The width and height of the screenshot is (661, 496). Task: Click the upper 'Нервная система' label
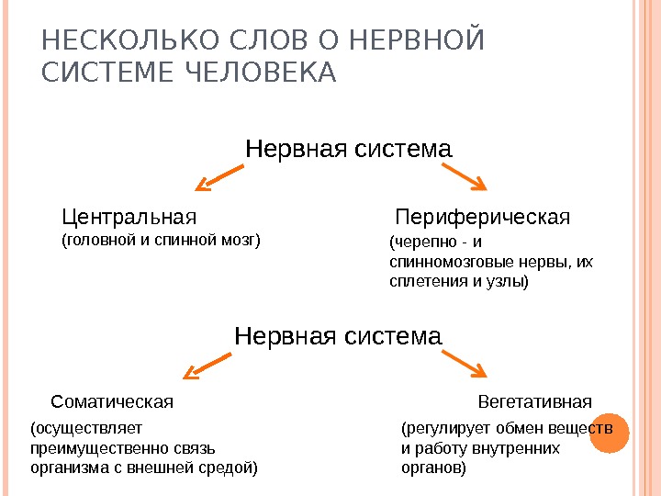tap(349, 148)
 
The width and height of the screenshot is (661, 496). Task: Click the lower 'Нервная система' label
tap(338, 336)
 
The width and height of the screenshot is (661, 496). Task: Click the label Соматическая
tap(112, 401)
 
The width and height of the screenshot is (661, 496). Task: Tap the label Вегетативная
tap(535, 401)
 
